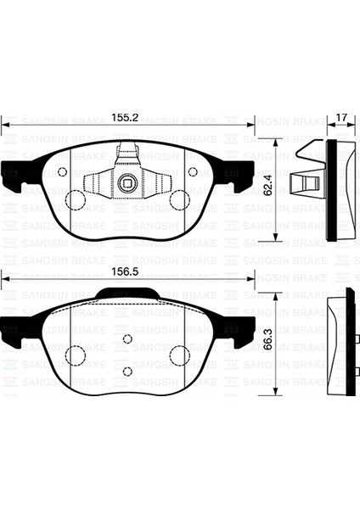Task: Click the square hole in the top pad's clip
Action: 127,181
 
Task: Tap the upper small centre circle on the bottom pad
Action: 127,339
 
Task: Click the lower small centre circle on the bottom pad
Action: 127,371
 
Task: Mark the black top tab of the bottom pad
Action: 127,294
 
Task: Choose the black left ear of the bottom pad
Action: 14,327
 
